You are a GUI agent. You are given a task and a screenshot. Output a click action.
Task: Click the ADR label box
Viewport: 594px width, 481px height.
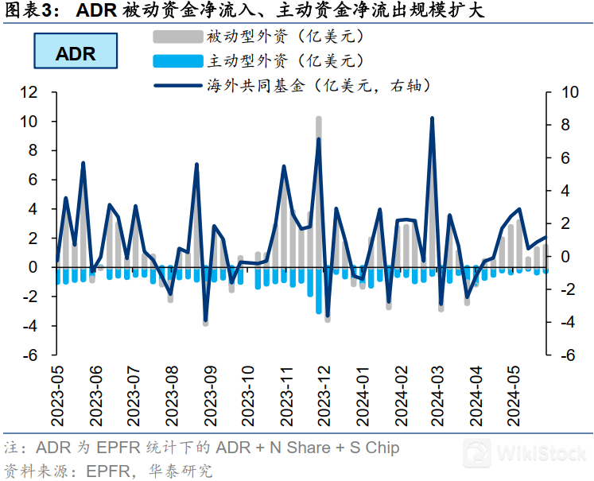coord(76,53)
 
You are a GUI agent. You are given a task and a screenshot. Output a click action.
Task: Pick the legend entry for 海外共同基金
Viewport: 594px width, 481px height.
coord(310,84)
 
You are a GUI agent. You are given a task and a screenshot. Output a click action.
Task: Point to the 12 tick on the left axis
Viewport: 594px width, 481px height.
coord(29,92)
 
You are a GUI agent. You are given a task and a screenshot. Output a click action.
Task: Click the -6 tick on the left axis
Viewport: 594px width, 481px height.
coord(30,355)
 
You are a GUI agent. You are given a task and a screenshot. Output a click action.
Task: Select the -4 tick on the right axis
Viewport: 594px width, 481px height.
coord(567,323)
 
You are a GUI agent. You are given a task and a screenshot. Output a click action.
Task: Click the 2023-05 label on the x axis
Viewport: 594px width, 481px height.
coord(57,396)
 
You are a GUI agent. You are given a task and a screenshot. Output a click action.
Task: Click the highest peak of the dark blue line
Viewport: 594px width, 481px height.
coord(432,118)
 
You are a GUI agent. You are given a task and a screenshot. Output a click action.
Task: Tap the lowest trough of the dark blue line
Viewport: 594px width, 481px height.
coord(205,320)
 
